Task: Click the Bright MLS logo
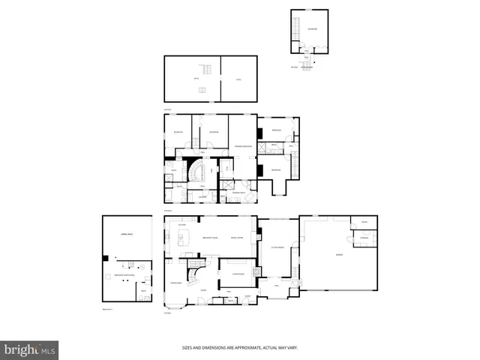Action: (x=30, y=349)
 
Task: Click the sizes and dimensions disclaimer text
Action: (x=240, y=347)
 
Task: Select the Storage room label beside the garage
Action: (x=364, y=238)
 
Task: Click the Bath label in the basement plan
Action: (x=143, y=291)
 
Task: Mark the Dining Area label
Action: (x=175, y=282)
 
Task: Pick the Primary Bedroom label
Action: (x=242, y=145)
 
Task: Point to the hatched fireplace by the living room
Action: (x=256, y=271)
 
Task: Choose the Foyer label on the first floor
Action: (x=203, y=289)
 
